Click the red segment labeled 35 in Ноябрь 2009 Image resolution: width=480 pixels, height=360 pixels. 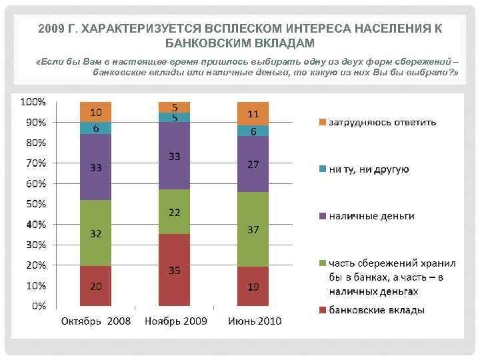tap(174, 270)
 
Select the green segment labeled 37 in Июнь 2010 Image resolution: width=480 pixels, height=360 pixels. tap(253, 229)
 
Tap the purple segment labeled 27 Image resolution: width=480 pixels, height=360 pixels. tap(253, 164)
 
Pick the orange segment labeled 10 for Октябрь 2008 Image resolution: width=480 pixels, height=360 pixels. tap(96, 112)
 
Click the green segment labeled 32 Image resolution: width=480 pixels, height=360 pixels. tap(96, 233)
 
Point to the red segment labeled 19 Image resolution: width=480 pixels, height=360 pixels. tap(253, 286)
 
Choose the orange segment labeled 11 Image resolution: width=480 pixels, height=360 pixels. tap(253, 114)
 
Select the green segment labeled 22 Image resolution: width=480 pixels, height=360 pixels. tap(174, 211)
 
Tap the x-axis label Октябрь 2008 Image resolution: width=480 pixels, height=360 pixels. tap(96, 321)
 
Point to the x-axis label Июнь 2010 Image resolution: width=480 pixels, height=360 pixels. tap(255, 321)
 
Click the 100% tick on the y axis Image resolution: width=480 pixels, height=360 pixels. tap(33, 102)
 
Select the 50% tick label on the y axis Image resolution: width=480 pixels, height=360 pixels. tap(35, 203)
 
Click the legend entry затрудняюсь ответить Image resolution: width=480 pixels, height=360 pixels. tap(383, 122)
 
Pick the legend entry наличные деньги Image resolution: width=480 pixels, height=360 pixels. tap(371, 216)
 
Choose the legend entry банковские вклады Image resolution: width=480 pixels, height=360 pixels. tap(377, 310)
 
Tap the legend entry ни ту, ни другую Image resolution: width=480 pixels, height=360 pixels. tap(369, 169)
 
